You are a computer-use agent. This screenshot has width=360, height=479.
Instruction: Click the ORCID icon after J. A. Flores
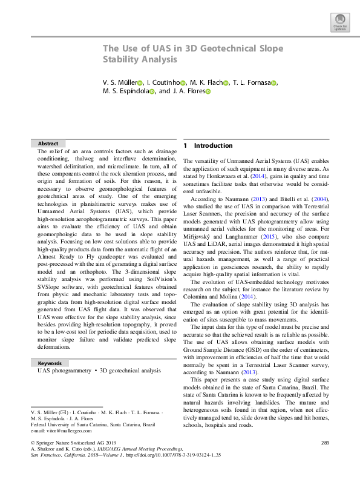208,92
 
